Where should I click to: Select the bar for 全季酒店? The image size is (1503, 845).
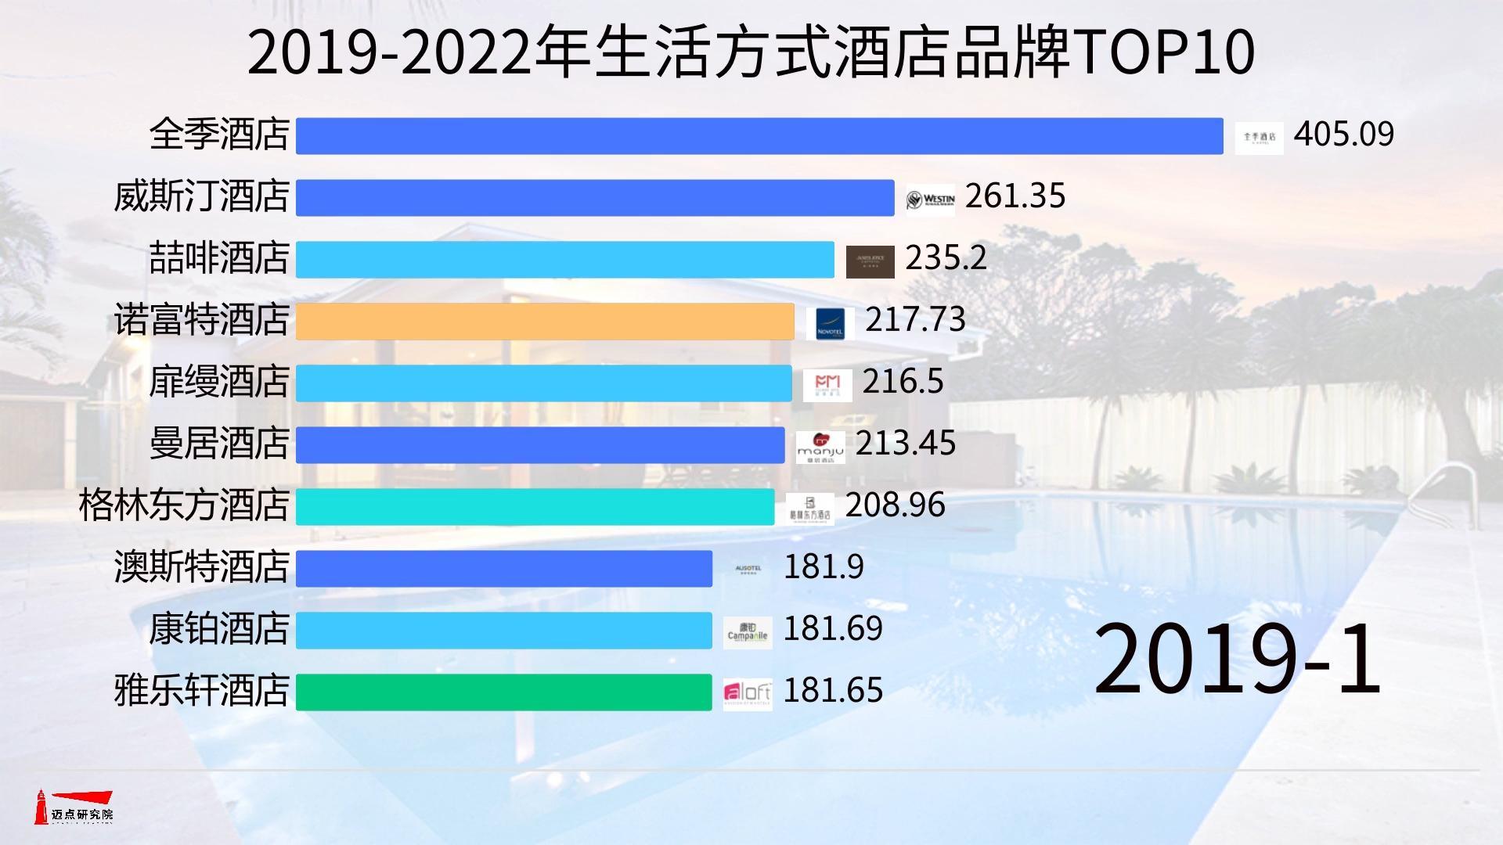coord(759,135)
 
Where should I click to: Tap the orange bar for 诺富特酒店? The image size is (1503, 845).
coord(545,321)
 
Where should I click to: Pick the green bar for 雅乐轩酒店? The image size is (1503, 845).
coord(503,692)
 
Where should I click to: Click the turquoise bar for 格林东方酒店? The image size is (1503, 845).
coord(535,506)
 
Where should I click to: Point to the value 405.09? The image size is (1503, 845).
coord(1343,134)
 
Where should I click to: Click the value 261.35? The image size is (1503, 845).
coord(1015,196)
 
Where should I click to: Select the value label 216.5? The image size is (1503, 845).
coord(903,381)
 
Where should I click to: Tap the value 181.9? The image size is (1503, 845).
coord(824,566)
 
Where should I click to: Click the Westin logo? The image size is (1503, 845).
coord(931,200)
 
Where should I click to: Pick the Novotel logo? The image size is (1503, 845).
coord(830,323)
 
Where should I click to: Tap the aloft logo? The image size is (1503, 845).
coord(748,692)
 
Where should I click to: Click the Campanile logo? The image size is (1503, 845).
coord(748,631)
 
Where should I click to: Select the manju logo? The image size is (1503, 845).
coord(820,447)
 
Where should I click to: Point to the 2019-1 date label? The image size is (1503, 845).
coord(1237,659)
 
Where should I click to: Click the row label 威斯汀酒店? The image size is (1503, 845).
coord(202,196)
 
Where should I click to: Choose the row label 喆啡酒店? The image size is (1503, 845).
coord(219,258)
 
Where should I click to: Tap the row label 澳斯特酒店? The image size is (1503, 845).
coord(202,566)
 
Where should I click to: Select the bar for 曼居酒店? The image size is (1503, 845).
coord(540,444)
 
